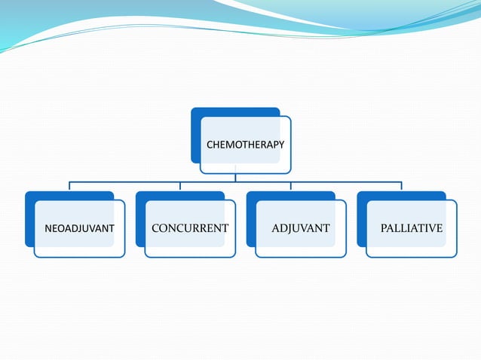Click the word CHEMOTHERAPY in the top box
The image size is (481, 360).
(x=246, y=143)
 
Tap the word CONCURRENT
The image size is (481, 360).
(x=190, y=228)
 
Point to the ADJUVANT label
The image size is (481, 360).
(x=301, y=228)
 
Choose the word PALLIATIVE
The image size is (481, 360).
(x=412, y=228)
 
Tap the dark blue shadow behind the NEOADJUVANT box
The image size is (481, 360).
(x=29, y=218)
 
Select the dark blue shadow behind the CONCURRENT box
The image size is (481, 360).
(x=140, y=218)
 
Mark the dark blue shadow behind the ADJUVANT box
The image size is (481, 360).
(x=251, y=218)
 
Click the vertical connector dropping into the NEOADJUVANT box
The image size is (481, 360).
(x=69, y=186)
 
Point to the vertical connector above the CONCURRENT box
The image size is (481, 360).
(x=180, y=186)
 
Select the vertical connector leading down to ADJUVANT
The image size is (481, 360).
(x=291, y=186)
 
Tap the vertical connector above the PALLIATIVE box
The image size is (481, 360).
(x=401, y=186)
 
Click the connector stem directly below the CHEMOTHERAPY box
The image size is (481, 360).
(x=235, y=177)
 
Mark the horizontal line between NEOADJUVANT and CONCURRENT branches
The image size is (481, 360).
(x=124, y=182)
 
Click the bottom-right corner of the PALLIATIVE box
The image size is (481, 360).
(x=455, y=256)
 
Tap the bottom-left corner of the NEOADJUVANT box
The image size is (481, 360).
(x=35, y=256)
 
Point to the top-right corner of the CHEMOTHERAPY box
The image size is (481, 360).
(x=290, y=117)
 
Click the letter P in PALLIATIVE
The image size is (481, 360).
(x=384, y=228)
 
